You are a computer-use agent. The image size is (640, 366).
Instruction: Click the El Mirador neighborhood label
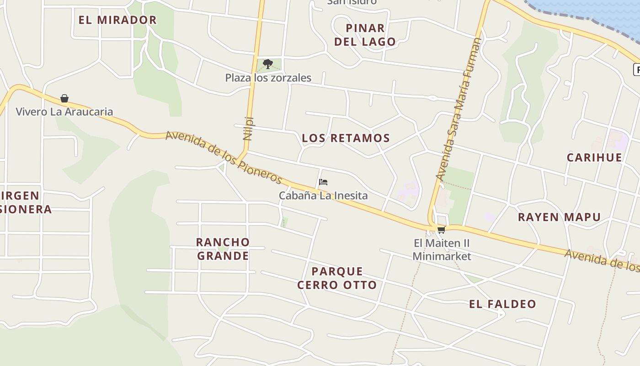117,20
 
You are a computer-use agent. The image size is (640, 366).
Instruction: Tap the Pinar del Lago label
365,35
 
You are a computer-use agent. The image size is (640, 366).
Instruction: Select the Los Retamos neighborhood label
346,138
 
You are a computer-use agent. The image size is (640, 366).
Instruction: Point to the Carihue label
594,158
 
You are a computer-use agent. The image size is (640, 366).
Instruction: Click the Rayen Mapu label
559,217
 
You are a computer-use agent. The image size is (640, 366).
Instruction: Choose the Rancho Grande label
223,249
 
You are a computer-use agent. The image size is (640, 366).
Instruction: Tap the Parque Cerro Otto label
337,278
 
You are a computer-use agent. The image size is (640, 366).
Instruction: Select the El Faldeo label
502,304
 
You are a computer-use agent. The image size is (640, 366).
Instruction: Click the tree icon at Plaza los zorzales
268,64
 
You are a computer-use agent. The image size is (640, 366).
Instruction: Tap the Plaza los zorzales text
268,78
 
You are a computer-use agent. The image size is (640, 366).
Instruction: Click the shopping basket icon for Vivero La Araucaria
64,98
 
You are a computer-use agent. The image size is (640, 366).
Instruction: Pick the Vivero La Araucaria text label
64,112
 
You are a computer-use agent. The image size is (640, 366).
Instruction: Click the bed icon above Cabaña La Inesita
323,182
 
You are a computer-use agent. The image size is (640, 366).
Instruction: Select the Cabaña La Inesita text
323,196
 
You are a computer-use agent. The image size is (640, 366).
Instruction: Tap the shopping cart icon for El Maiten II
441,230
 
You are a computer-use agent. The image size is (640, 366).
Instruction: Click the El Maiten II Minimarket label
442,249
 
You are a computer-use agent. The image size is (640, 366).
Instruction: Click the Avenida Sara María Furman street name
459,109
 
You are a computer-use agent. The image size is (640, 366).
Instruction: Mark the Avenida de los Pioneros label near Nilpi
224,156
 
